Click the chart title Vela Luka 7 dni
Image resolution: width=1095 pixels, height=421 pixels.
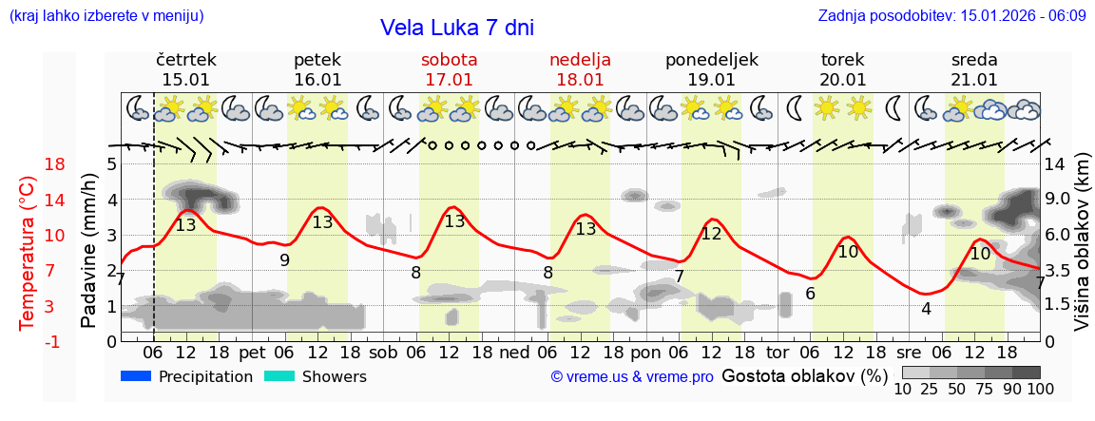click(x=456, y=28)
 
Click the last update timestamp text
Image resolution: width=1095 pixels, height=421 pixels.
click(x=951, y=15)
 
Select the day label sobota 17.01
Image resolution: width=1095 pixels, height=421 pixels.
click(x=449, y=69)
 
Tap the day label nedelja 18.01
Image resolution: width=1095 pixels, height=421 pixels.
click(x=580, y=69)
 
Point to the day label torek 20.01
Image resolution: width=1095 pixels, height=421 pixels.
click(x=843, y=69)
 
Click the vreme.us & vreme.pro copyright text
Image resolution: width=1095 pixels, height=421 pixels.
click(x=632, y=377)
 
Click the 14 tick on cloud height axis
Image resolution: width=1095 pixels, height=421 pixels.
click(x=1056, y=164)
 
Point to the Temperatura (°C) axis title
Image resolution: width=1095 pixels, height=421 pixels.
click(x=29, y=253)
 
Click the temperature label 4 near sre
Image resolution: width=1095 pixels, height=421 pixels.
click(x=926, y=308)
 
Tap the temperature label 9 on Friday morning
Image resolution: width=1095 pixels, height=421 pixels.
click(x=284, y=259)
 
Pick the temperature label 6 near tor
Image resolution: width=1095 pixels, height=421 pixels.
click(x=810, y=294)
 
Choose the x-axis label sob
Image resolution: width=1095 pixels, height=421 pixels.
click(x=383, y=351)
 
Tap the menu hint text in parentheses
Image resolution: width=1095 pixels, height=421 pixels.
click(x=106, y=15)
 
